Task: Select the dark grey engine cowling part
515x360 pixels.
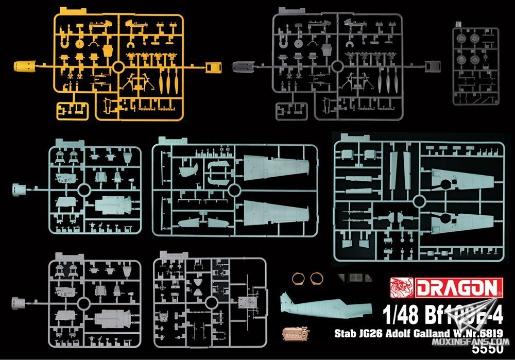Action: click(243, 66)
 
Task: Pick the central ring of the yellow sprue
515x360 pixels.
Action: click(118, 66)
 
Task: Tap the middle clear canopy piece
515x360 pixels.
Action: click(355, 278)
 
